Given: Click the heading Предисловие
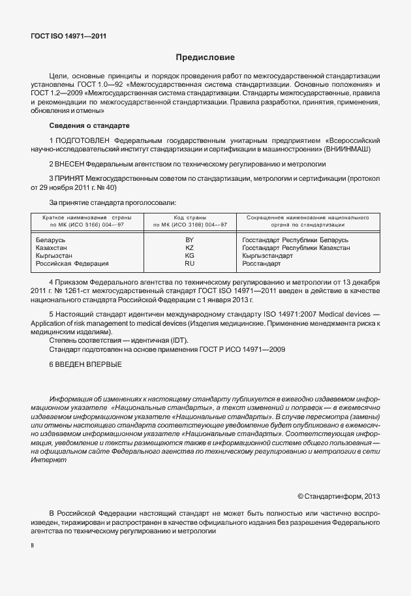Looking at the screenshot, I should pos(205,57).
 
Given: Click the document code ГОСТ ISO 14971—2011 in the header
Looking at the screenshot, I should pos(68,36).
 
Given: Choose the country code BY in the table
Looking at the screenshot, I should pos(190,240).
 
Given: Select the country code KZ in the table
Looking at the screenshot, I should pos(190,248).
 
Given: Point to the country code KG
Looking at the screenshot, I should pos(190,256).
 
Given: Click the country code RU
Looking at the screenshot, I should pos(190,264).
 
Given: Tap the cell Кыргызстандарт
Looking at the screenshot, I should pos(267,256).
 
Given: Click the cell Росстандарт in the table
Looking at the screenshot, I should pos(261,264).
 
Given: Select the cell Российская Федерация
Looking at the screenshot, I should pos(72,264).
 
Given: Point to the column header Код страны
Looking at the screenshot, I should pos(190,217).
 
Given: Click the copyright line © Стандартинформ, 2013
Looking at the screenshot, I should pos(338,497).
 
